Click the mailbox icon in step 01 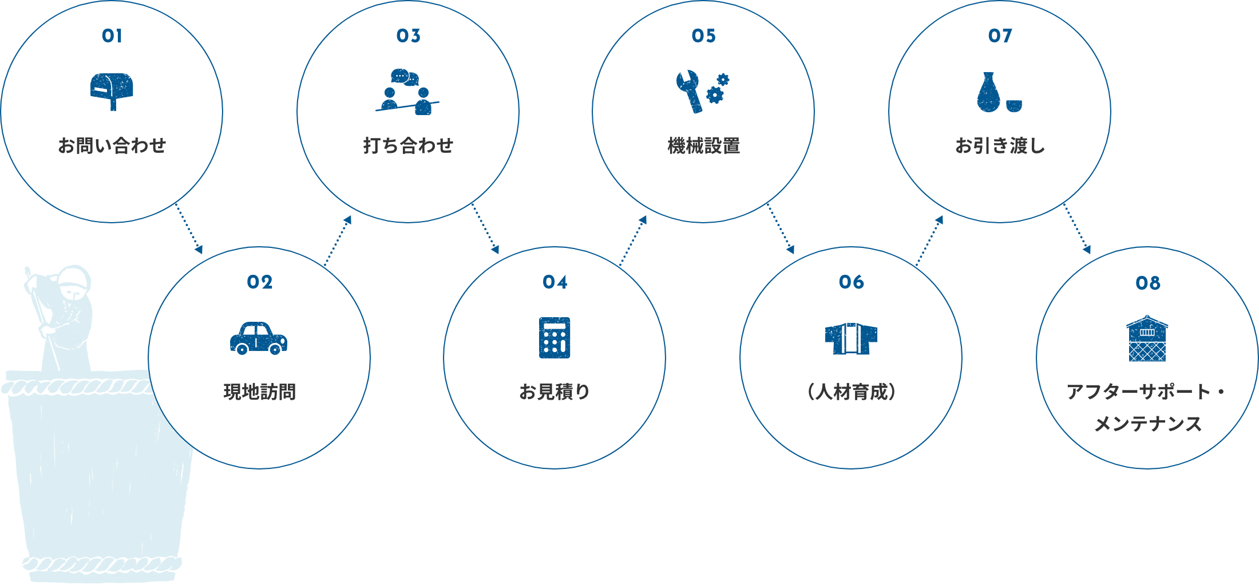(x=112, y=90)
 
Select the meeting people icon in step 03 (x=407, y=93)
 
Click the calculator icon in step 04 (x=555, y=338)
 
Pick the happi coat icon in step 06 (x=851, y=338)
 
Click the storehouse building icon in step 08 (x=1147, y=338)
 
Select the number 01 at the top (x=112, y=36)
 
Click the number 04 (x=555, y=282)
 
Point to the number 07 (x=1000, y=36)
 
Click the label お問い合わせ (x=112, y=146)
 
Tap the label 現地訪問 (x=259, y=392)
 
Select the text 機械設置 (x=704, y=146)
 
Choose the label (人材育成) (x=851, y=392)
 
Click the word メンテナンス (x=1147, y=424)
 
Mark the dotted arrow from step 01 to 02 (x=189, y=228)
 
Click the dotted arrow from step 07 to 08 (x=1077, y=228)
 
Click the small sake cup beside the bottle (x=1013, y=106)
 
